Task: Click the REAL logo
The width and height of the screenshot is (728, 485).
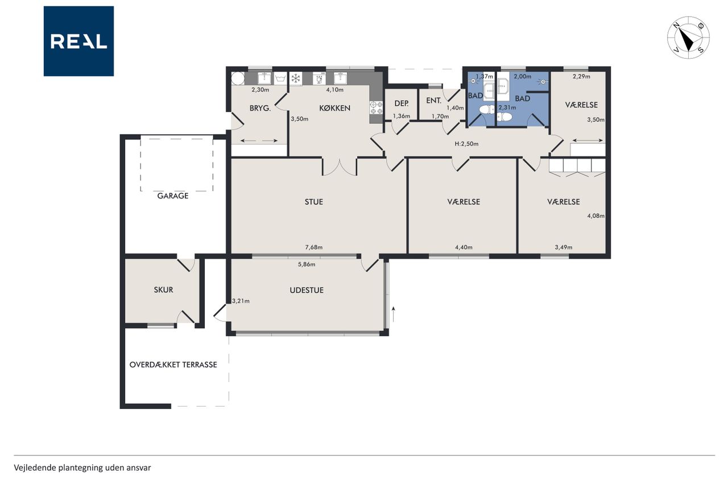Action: (78, 42)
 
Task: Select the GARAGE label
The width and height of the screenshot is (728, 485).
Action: (172, 196)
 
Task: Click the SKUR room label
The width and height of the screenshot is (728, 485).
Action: (163, 290)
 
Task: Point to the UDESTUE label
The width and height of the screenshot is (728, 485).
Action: (307, 290)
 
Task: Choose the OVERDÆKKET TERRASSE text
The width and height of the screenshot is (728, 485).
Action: (173, 364)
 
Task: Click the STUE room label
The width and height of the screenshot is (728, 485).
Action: (313, 202)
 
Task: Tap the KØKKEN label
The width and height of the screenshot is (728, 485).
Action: (334, 108)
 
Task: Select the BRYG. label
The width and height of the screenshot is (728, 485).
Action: (260, 108)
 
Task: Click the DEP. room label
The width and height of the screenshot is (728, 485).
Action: (402, 103)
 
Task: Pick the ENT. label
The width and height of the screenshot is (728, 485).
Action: (433, 101)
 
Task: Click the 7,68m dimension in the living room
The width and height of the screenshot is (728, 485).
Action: (313, 247)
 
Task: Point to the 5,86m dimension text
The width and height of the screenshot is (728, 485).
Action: (307, 264)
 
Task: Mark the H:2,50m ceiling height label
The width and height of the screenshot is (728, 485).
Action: (466, 144)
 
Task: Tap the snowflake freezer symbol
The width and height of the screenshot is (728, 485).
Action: (296, 78)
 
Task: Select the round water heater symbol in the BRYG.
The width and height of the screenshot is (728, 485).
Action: (238, 78)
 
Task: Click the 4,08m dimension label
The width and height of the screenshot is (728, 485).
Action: (595, 215)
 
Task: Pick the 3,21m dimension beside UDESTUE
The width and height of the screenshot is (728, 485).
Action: (241, 301)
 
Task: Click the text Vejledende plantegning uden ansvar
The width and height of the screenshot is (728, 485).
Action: (82, 468)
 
